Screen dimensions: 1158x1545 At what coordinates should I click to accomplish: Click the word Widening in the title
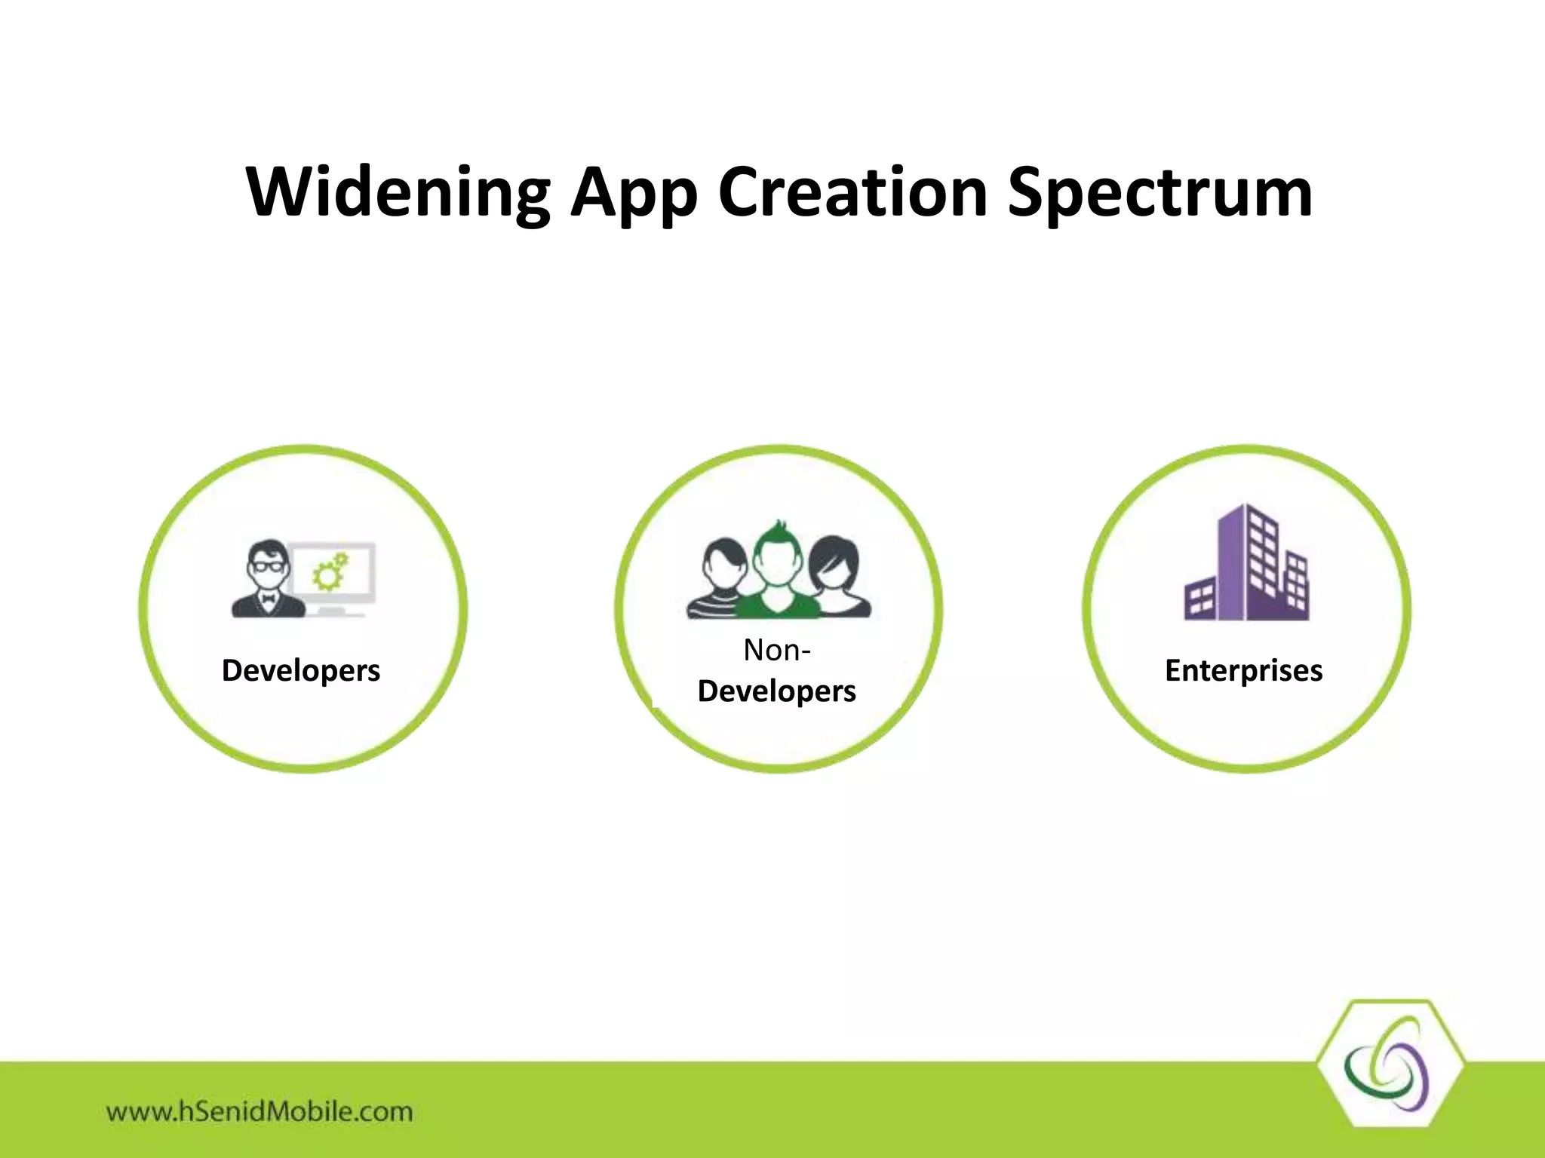(x=398, y=192)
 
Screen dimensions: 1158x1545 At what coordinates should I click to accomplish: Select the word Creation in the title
(x=852, y=192)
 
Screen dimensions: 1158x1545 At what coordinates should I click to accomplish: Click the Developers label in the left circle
(x=300, y=670)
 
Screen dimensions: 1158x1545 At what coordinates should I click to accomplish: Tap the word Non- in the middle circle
(x=776, y=650)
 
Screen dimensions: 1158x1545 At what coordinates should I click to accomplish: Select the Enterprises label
(x=1243, y=670)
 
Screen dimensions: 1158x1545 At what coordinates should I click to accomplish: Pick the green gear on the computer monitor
(x=328, y=577)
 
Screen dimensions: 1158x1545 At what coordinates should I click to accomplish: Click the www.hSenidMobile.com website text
(x=260, y=1111)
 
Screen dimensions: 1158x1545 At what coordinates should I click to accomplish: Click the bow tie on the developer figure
(x=268, y=599)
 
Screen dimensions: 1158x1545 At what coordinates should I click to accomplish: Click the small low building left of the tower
(x=1199, y=600)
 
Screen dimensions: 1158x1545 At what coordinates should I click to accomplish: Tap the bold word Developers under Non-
(x=776, y=691)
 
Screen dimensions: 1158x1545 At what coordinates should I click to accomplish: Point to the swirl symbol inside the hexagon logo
(x=1387, y=1065)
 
